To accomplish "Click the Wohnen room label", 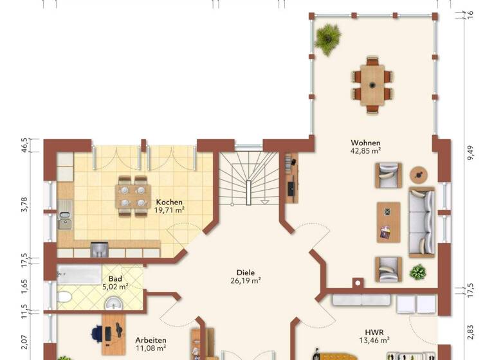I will tap(365, 143).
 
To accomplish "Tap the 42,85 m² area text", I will tap(365, 151).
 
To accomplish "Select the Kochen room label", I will tap(169, 202).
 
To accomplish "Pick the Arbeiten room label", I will tap(151, 340).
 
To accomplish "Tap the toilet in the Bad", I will tap(65, 297).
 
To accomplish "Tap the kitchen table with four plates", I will tap(133, 196).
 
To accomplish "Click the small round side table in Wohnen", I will tap(419, 174).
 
